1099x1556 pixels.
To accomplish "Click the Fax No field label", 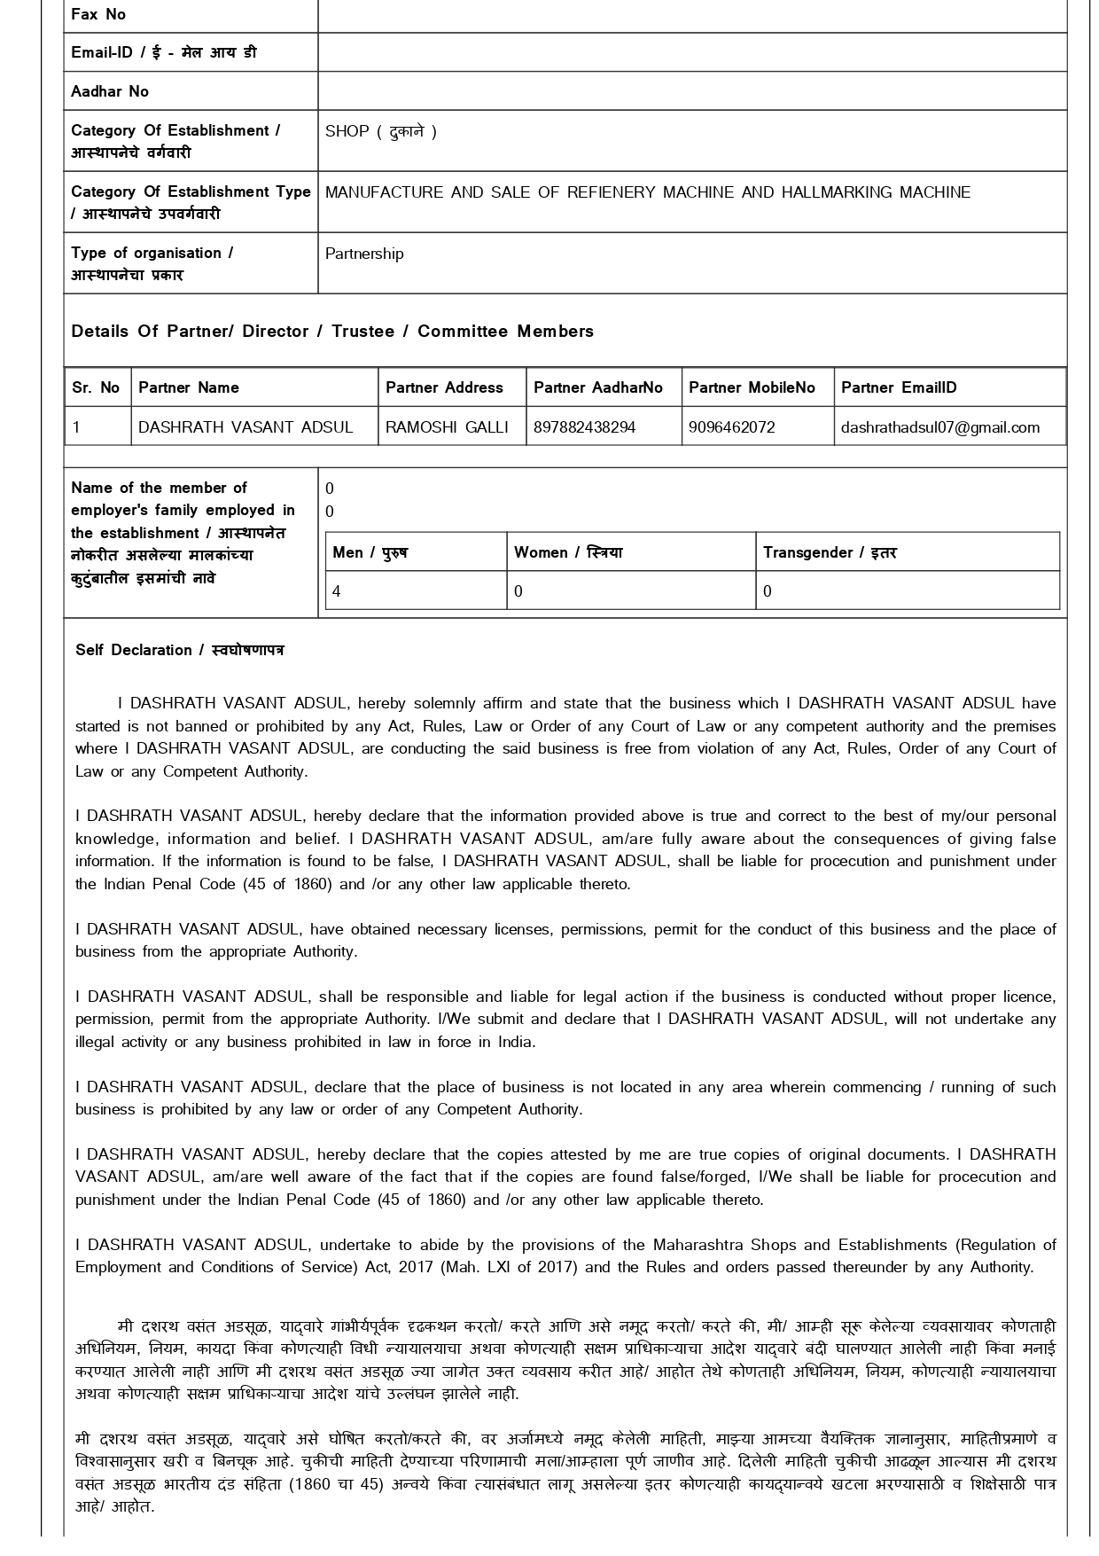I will pos(98,14).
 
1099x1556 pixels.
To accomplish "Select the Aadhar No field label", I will pos(110,91).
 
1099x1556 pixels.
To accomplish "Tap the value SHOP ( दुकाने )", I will pos(381,131).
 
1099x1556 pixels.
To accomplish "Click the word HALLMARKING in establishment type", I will pos(838,192).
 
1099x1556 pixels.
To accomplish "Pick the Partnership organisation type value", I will pos(364,254).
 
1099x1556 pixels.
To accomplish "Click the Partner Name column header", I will pos(189,387).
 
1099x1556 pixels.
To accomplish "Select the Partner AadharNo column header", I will pos(598,387).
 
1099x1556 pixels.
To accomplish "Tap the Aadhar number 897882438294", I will pos(584,427).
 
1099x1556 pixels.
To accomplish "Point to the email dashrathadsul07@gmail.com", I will pos(939,427).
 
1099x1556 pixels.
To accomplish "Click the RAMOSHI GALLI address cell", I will pos(447,427).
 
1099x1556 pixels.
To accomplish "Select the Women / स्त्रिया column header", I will pos(568,552).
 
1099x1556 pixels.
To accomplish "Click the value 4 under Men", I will pos(337,591).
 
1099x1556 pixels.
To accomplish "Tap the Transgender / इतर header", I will pos(830,552).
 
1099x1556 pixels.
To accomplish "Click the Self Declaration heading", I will pos(180,650).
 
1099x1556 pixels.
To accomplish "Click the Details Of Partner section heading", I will pos(332,332).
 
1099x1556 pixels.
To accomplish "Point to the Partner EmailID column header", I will pos(899,387).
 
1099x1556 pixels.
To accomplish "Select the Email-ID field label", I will pos(164,52).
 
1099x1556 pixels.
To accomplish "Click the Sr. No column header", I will pos(96,387).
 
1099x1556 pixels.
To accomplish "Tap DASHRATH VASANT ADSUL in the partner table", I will pos(246,427).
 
